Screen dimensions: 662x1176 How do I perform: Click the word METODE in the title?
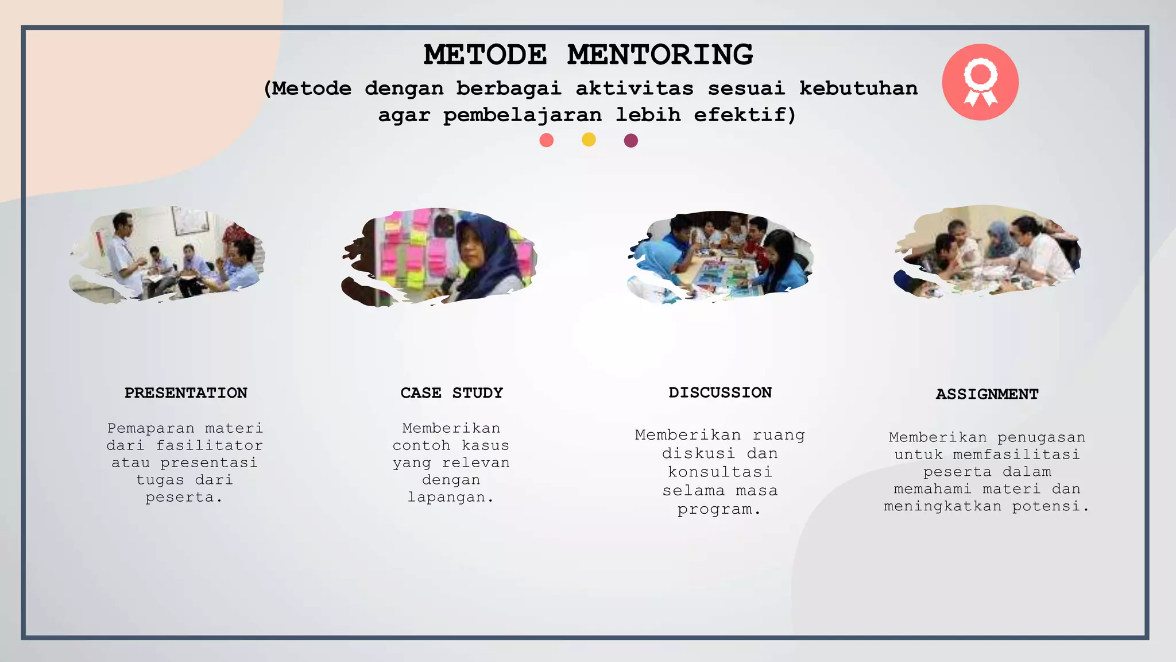(x=485, y=55)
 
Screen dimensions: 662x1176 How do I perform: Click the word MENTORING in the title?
(x=660, y=55)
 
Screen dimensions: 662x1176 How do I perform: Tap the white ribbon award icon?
(x=980, y=82)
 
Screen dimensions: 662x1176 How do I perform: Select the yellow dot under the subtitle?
(x=589, y=140)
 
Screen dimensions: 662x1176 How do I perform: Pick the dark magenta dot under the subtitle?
(x=630, y=141)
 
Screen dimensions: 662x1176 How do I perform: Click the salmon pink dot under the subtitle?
(x=547, y=140)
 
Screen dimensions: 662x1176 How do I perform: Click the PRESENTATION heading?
(x=186, y=393)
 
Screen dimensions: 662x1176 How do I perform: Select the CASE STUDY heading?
(x=451, y=393)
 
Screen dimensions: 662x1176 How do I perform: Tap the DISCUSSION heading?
(x=720, y=392)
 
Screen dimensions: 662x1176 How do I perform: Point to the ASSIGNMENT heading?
(x=987, y=394)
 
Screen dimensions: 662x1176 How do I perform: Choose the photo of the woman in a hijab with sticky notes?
(x=439, y=257)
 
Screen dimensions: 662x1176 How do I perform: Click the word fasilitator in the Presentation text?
(x=210, y=445)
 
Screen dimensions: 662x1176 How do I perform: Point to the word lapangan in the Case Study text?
(x=447, y=497)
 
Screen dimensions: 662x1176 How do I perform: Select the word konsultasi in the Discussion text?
(x=720, y=472)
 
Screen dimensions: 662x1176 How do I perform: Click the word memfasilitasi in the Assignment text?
(x=1016, y=455)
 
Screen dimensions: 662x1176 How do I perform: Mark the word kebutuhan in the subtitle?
(x=858, y=88)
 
